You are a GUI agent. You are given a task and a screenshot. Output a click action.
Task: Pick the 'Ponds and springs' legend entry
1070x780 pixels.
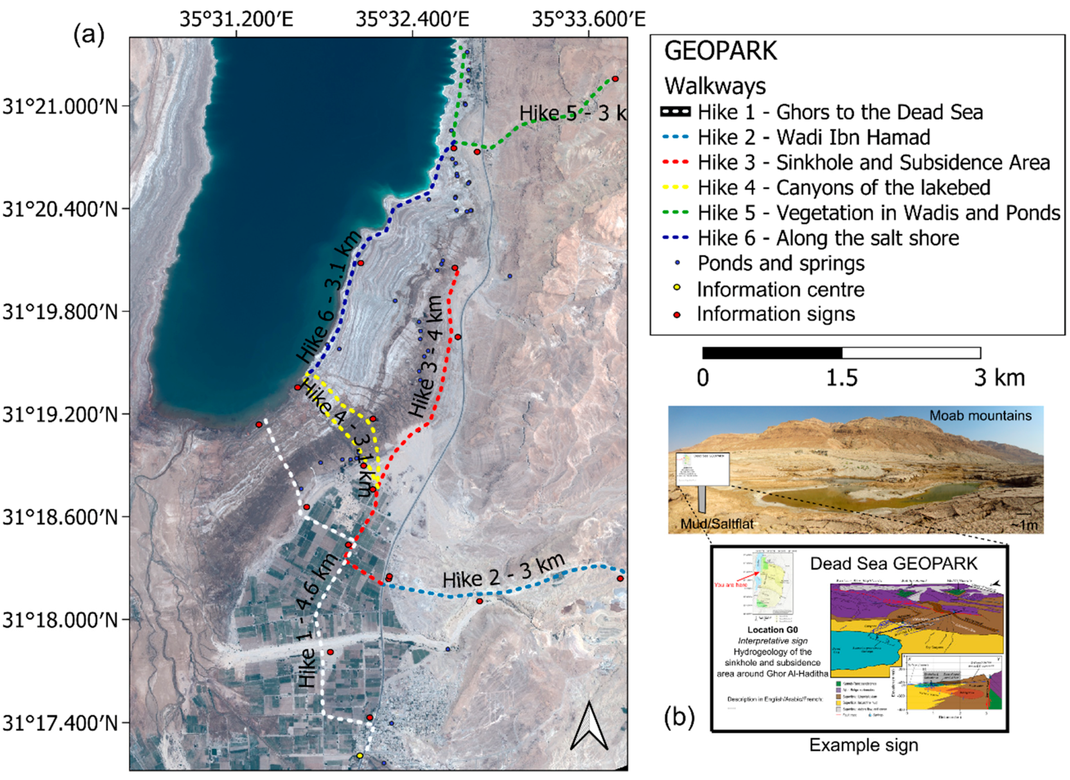(781, 263)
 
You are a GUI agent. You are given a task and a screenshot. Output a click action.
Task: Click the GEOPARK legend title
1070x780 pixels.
(720, 51)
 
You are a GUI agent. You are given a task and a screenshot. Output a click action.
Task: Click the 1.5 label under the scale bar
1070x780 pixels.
(842, 378)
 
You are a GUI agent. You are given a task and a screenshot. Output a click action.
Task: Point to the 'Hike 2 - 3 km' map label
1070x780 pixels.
(504, 572)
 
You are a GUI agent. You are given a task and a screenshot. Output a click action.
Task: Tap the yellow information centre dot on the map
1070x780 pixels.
(360, 756)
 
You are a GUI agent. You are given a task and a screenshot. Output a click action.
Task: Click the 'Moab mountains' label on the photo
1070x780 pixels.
(980, 415)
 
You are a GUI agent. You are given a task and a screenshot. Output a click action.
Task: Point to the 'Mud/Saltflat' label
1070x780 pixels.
(717, 523)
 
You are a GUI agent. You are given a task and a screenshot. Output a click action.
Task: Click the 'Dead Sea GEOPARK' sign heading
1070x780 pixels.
(894, 563)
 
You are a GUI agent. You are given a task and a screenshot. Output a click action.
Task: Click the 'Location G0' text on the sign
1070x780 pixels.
(772, 630)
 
